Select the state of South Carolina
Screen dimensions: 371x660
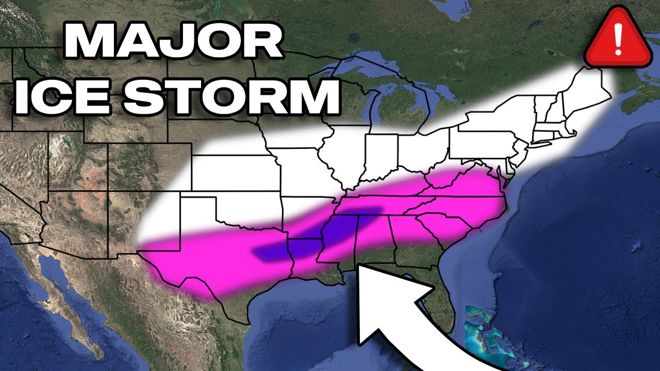tap(443, 227)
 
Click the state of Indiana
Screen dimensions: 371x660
tap(382, 157)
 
